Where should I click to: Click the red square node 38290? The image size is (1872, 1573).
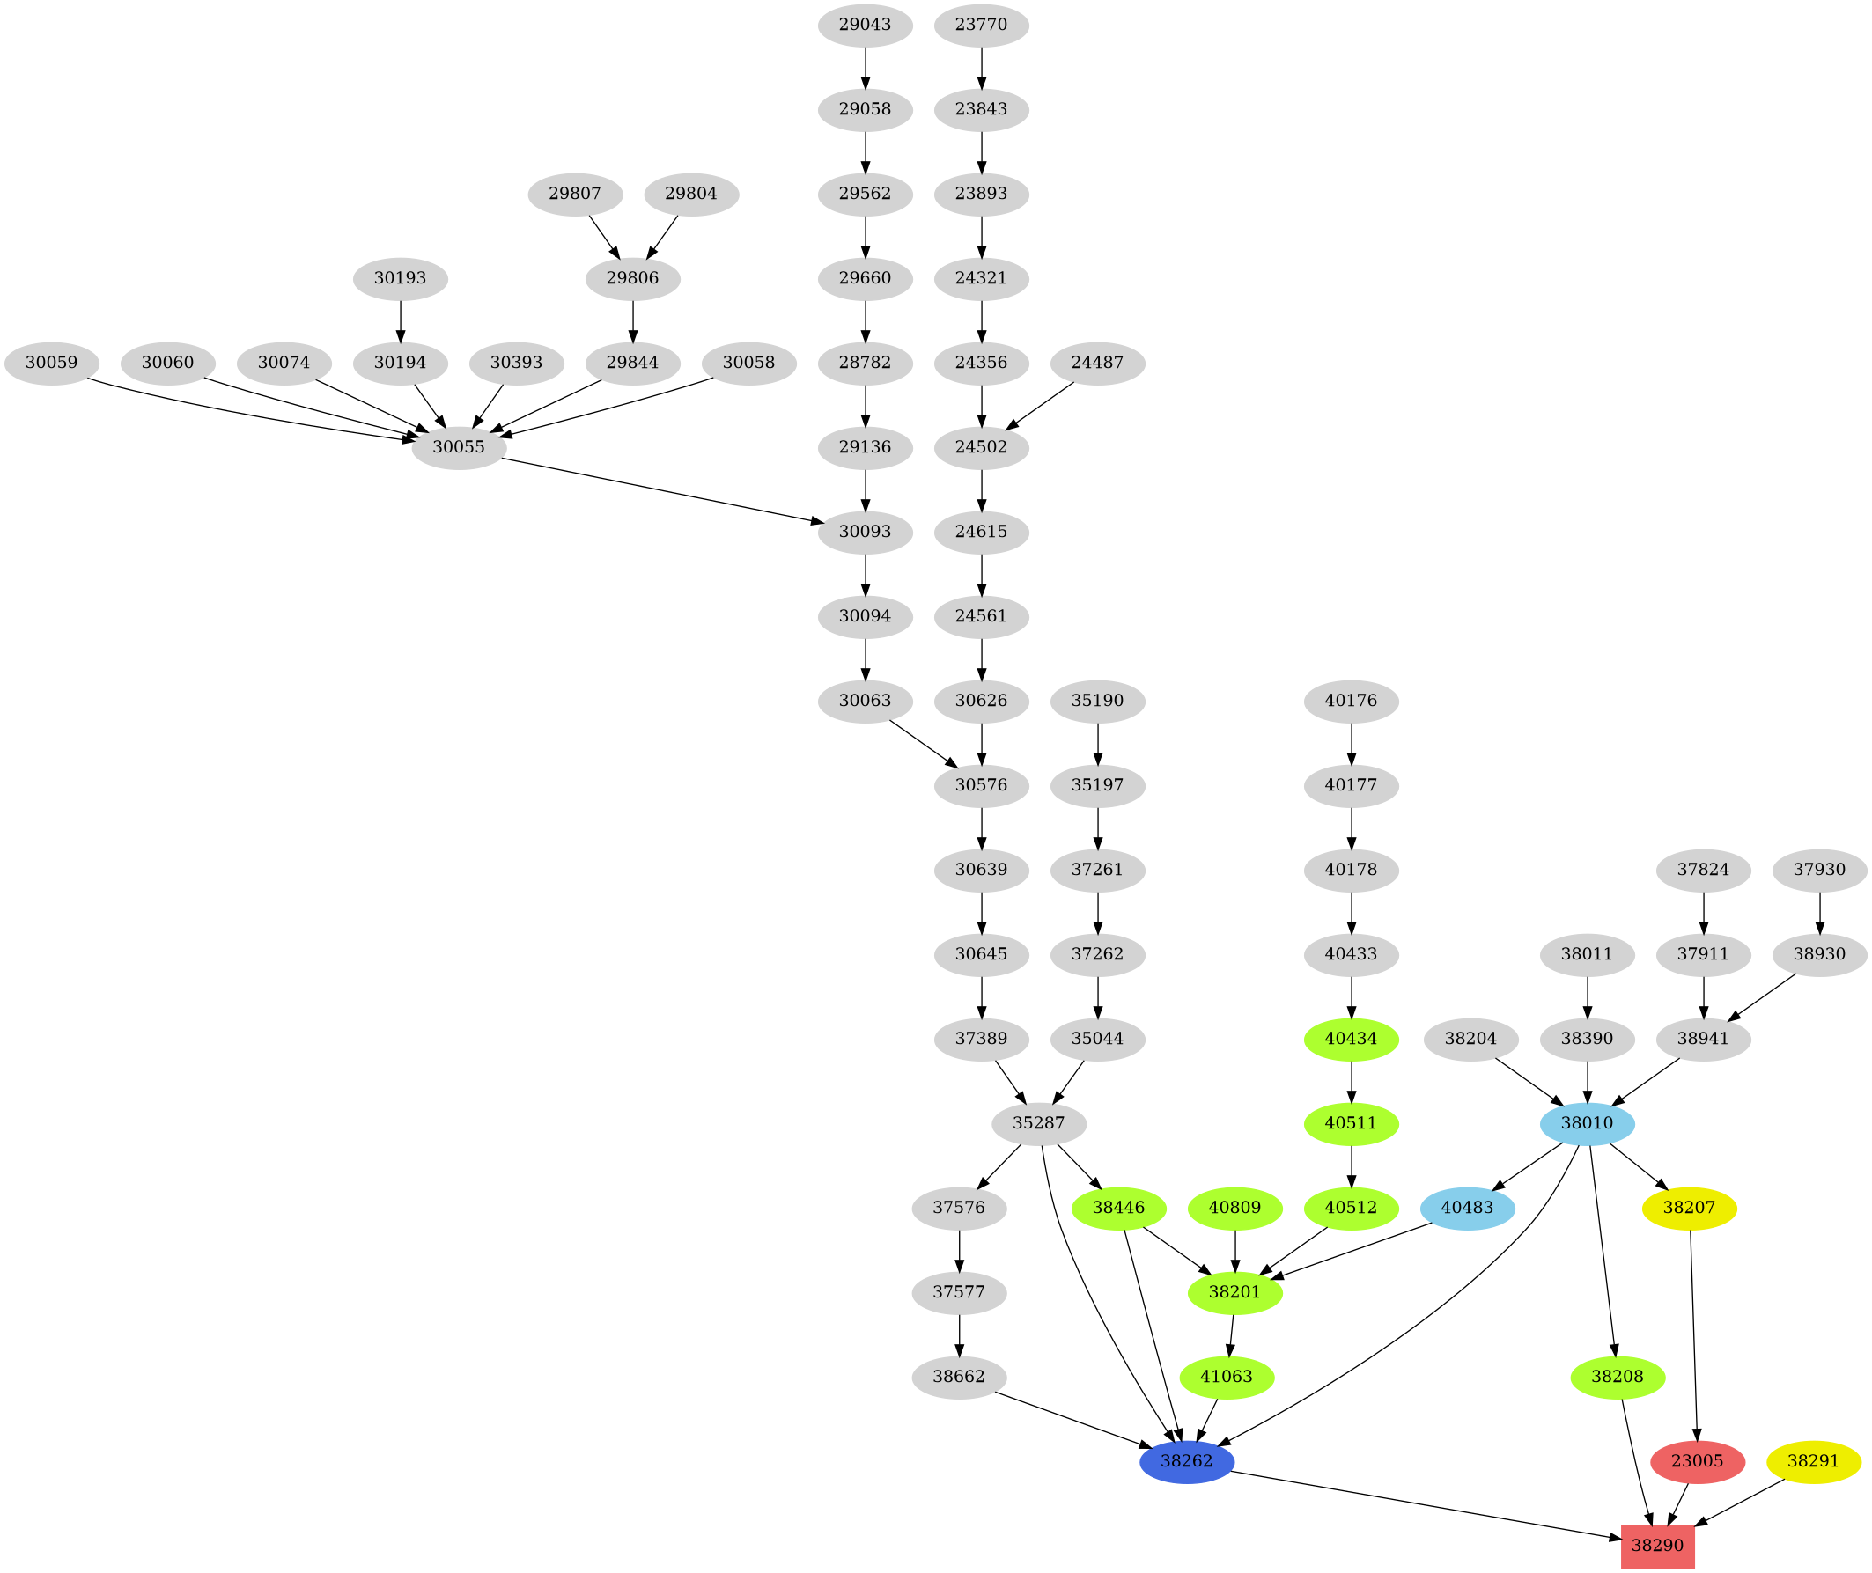tap(1657, 1546)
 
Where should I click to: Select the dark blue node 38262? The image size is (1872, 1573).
tap(1186, 1461)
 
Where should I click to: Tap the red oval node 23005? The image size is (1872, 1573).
tap(1697, 1461)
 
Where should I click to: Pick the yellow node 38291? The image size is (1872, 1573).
tap(1813, 1461)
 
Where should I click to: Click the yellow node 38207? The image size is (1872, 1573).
tap(1688, 1209)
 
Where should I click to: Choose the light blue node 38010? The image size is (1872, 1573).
tap(1587, 1122)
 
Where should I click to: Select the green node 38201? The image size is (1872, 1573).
tap(1235, 1292)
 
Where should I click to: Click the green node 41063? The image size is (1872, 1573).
tap(1227, 1377)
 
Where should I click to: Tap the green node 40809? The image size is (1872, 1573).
tap(1235, 1209)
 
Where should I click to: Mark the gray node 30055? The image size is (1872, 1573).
tap(459, 447)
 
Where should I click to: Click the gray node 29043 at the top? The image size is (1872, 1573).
tap(865, 25)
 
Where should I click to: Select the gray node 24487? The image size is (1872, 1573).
tap(1098, 363)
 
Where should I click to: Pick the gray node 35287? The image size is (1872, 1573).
tap(1039, 1122)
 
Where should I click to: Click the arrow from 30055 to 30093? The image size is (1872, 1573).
tap(660, 489)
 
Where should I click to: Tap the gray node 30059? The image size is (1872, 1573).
tap(52, 363)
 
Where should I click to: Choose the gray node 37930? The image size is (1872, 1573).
tap(1818, 870)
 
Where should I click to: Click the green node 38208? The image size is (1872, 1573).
tap(1617, 1377)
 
